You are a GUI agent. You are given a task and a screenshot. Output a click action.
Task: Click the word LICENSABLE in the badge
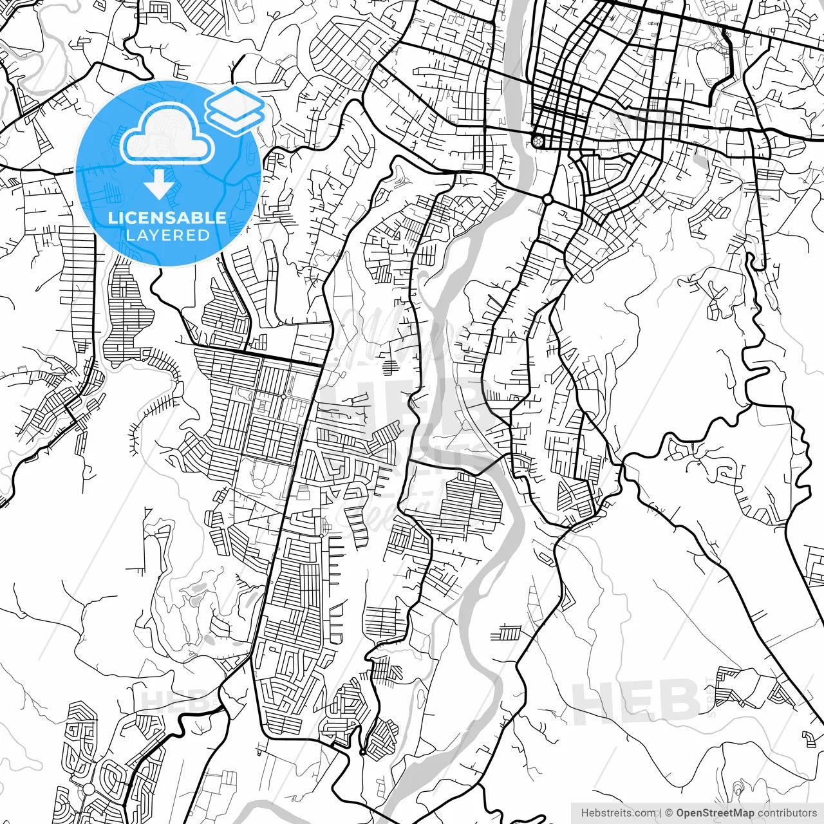167,218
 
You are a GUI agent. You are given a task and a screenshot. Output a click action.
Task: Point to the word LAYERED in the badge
168,235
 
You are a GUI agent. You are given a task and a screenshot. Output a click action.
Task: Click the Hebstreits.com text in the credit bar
619,813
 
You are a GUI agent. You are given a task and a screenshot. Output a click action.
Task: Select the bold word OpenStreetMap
715,813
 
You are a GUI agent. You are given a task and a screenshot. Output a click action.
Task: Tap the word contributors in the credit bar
787,813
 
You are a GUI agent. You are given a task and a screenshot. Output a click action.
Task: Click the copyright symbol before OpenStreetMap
669,813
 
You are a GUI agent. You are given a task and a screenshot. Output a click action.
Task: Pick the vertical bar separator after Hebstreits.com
661,813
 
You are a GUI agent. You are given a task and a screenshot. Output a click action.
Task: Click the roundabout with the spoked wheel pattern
538,140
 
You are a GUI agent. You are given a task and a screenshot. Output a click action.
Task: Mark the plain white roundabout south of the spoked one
548,199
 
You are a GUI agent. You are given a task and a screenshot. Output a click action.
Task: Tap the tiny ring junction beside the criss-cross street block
363,752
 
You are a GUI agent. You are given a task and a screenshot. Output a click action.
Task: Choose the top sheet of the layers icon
235,101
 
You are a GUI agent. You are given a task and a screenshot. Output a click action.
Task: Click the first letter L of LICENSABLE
112,218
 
